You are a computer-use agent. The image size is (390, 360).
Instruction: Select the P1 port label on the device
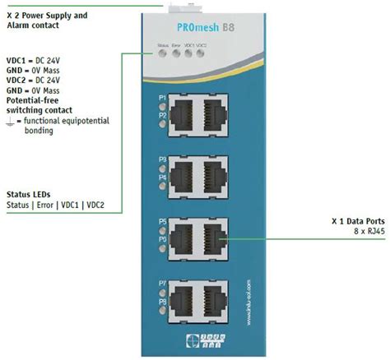tap(162, 97)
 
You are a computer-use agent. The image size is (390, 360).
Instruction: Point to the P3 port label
tap(162, 159)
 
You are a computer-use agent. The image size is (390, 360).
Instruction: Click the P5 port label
tap(162, 221)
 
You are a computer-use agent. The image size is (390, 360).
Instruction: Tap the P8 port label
tap(162, 302)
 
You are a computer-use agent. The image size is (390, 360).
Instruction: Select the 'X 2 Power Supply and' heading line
tap(46, 15)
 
